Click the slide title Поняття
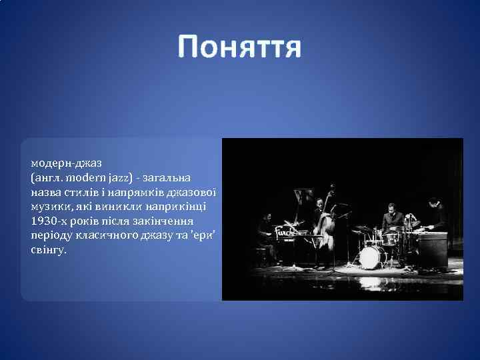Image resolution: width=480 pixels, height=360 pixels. [x=239, y=48]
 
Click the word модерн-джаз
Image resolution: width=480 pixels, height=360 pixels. [x=65, y=163]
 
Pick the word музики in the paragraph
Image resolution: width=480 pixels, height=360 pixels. [x=48, y=206]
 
